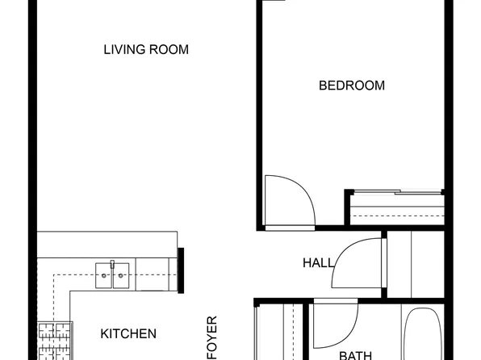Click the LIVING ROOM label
pyautogui.click(x=146, y=50)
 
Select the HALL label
pyautogui.click(x=318, y=263)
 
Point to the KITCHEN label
pyautogui.click(x=128, y=333)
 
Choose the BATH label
pyautogui.click(x=354, y=354)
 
